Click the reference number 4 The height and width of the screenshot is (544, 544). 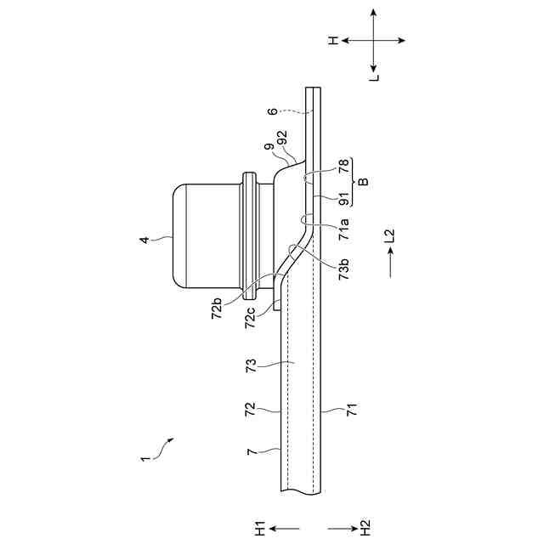[x=144, y=240]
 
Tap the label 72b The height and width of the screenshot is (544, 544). [x=217, y=308]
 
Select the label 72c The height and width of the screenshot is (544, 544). [x=250, y=318]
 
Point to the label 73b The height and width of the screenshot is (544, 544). [x=343, y=269]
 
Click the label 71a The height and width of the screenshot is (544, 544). [x=343, y=229]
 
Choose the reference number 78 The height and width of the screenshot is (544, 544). [x=343, y=166]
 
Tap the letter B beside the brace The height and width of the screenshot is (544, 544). [x=363, y=182]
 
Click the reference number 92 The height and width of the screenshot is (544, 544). [x=282, y=138]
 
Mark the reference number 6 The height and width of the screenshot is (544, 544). [x=272, y=111]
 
